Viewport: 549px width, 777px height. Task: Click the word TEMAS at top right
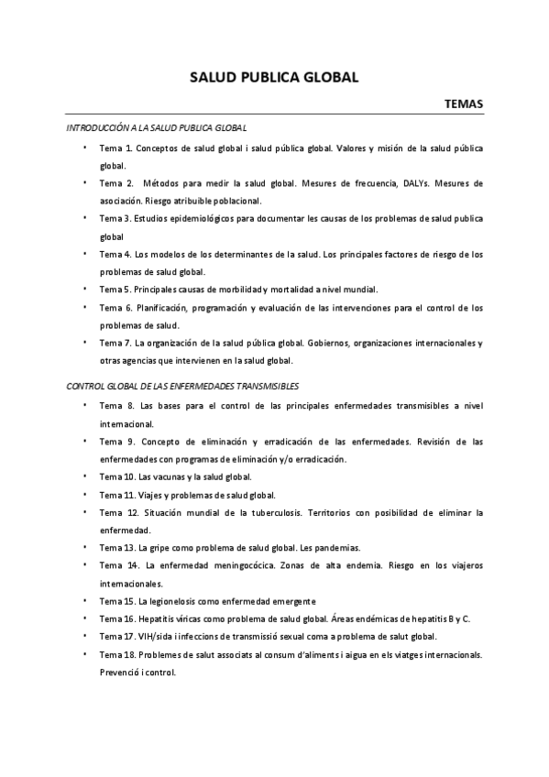[464, 104]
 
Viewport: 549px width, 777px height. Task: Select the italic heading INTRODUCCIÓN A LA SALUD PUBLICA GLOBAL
[157, 128]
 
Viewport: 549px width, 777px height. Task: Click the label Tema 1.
[116, 148]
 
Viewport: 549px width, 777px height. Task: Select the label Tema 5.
[115, 289]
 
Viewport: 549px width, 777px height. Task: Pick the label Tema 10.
[117, 476]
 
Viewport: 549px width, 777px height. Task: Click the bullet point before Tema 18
[84, 654]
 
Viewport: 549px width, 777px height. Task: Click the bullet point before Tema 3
[84, 218]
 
